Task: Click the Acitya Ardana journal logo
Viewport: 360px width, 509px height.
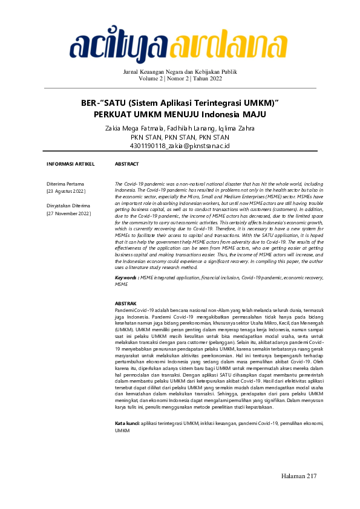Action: [x=180, y=43]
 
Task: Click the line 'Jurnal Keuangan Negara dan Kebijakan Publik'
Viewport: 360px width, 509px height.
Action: [x=180, y=72]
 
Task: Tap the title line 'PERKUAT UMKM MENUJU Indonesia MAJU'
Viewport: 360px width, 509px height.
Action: [x=180, y=114]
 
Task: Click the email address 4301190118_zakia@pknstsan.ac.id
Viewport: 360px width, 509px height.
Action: [x=180, y=146]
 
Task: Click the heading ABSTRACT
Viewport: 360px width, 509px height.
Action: [x=127, y=164]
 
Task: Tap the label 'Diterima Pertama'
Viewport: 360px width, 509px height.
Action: [x=65, y=183]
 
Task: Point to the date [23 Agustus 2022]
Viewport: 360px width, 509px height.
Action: [x=66, y=191]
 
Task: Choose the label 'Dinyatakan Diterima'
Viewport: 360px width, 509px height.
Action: [x=68, y=206]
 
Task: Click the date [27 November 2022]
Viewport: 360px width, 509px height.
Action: [x=68, y=213]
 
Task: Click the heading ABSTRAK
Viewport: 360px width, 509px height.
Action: [x=126, y=303]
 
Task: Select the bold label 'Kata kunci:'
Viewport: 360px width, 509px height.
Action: [x=128, y=424]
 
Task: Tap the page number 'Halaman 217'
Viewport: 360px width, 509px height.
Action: [x=299, y=477]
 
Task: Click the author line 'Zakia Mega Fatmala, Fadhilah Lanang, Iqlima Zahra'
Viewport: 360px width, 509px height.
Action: [x=180, y=129]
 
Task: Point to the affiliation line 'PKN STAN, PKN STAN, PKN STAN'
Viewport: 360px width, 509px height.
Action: [x=180, y=137]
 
